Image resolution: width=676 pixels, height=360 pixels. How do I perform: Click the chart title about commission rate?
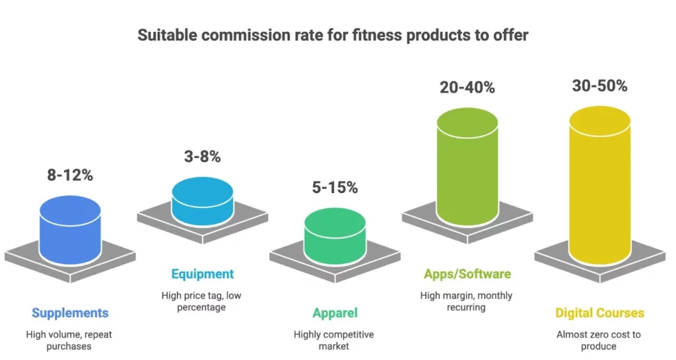point(333,35)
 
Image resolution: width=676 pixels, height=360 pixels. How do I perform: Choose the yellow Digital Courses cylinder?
point(599,178)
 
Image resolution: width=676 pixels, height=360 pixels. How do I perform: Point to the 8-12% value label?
point(70,175)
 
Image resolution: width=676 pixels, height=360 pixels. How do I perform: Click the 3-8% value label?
point(202,157)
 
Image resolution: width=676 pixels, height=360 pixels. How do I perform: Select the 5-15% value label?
point(334,188)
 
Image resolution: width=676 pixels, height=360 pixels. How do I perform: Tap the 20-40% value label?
point(467,87)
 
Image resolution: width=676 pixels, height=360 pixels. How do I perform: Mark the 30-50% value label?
point(599,86)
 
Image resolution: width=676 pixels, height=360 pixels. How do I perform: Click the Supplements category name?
point(69,312)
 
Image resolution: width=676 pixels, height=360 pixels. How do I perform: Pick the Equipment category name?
point(202,273)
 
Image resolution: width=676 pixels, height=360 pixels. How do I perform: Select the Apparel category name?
point(334,312)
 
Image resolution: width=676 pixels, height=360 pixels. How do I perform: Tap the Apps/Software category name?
point(466,273)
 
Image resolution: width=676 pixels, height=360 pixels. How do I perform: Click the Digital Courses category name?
point(599,312)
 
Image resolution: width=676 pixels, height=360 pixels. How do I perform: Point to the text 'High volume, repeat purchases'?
point(69,340)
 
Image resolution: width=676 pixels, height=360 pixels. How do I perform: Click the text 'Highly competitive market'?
point(334,340)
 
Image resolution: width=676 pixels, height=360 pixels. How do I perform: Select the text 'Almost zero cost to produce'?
point(599,340)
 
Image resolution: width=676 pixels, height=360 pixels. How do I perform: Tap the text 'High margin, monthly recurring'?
point(466,301)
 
